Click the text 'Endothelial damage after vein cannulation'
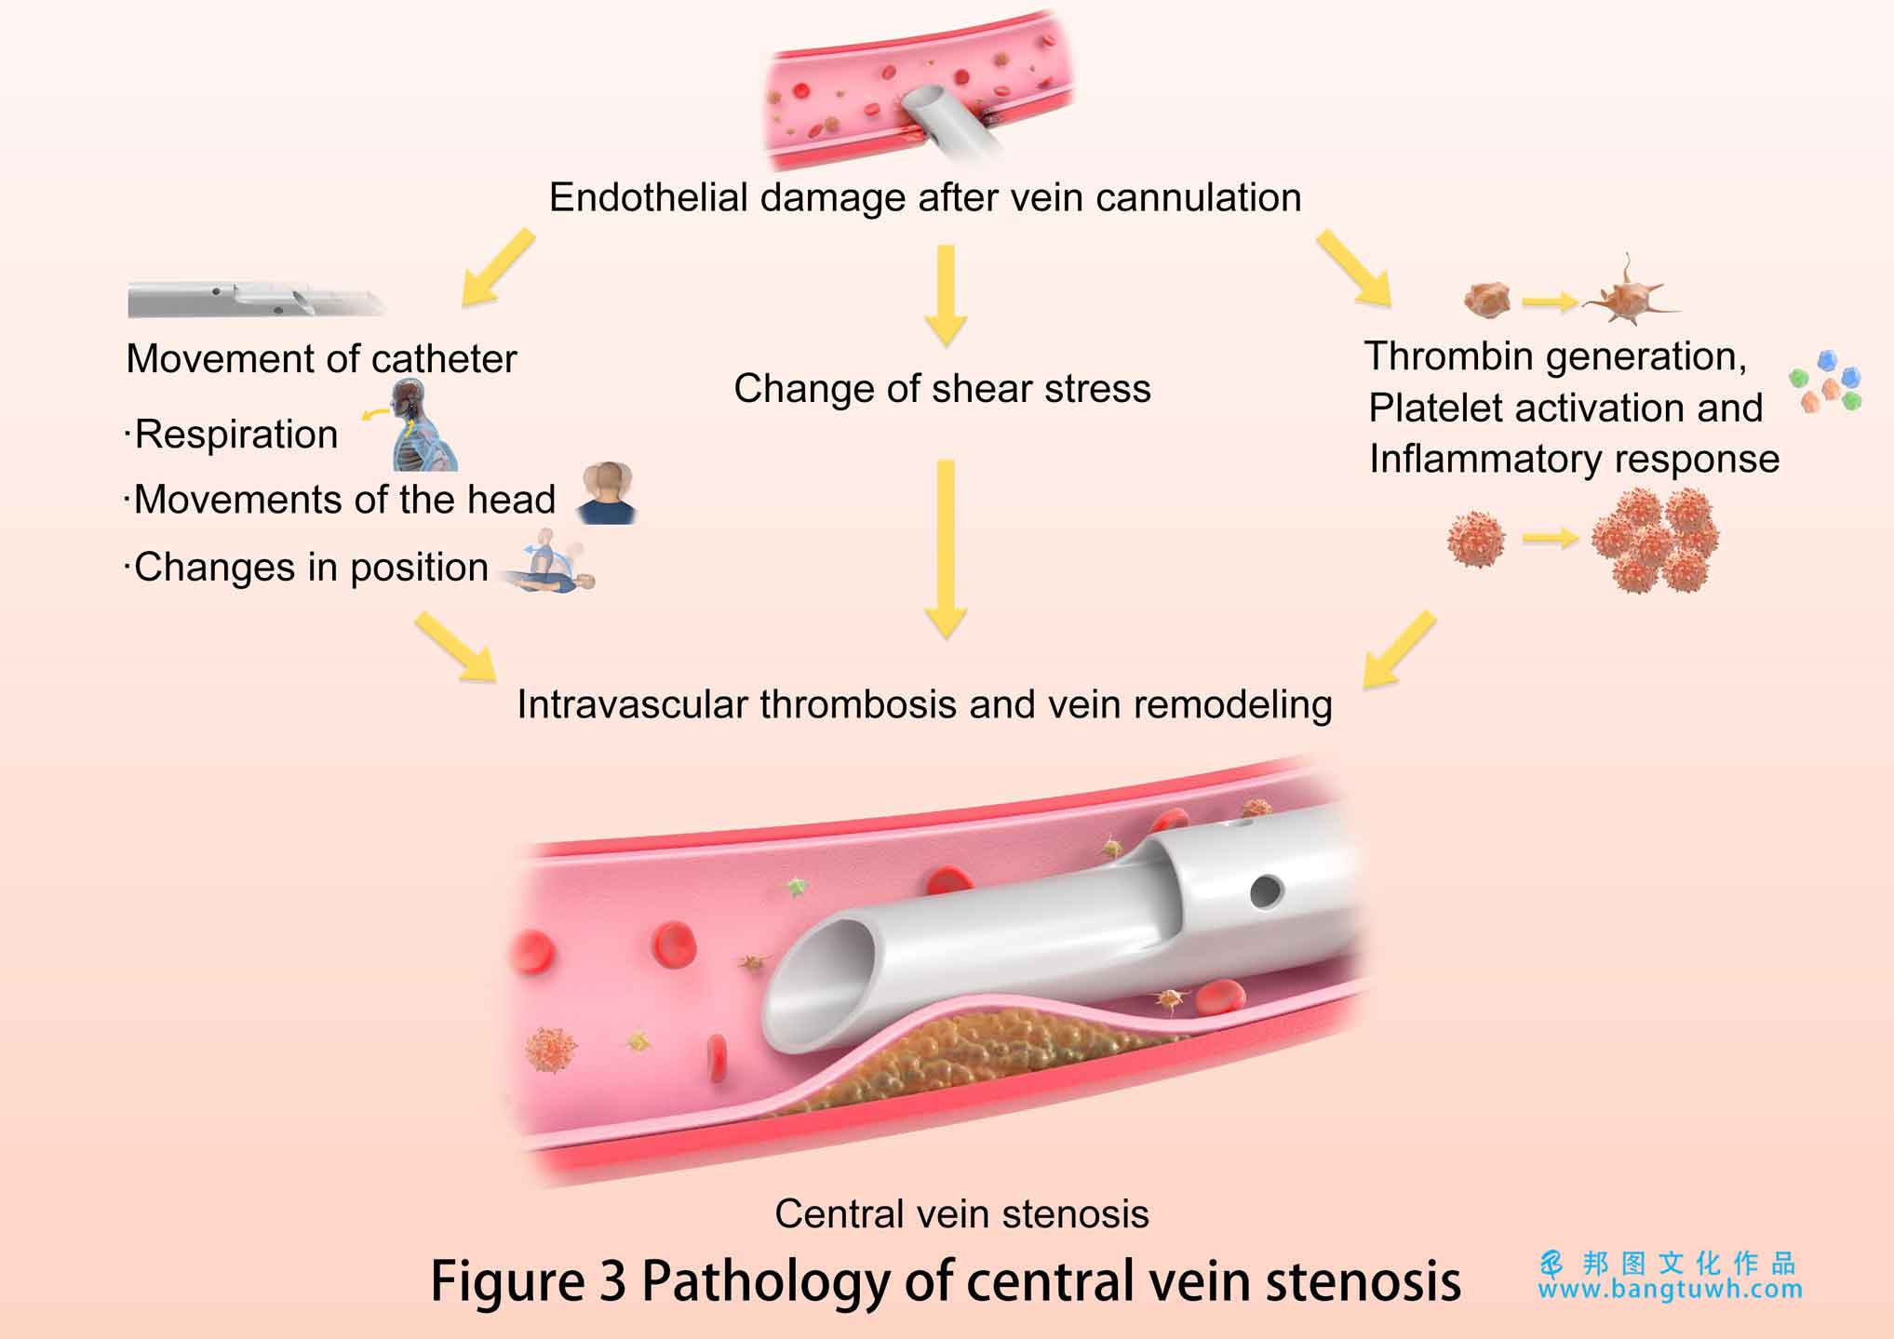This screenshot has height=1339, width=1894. click(925, 197)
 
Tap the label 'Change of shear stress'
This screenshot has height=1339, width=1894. click(942, 388)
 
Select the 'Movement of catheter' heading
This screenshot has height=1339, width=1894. click(321, 358)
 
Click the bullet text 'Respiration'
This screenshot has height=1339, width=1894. click(236, 435)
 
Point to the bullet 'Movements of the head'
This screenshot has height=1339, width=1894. click(344, 500)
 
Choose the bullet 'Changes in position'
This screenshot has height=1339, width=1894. click(311, 567)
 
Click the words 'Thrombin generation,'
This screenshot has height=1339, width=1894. click(1555, 356)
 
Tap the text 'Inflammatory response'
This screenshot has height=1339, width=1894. click(1574, 459)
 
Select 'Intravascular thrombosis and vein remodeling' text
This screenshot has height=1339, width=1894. click(924, 704)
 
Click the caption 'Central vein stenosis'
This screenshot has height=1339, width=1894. click(961, 1213)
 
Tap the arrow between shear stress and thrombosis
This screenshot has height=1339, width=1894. click(946, 549)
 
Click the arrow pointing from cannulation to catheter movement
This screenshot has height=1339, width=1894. click(498, 268)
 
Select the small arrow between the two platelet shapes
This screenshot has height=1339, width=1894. click(1551, 301)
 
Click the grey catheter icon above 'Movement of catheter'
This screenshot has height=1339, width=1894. click(257, 299)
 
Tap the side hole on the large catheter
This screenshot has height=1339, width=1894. click(1266, 891)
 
